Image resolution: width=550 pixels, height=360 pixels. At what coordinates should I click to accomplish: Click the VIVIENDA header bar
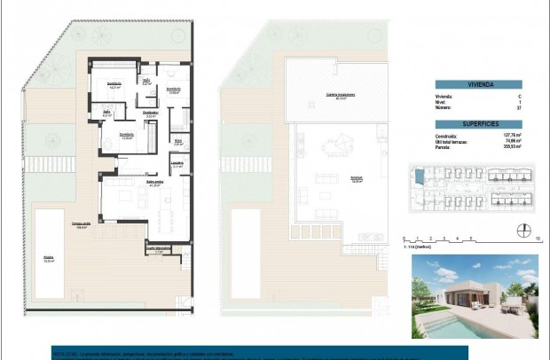(476, 84)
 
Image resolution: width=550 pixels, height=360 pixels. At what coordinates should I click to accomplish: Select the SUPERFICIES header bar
(476, 124)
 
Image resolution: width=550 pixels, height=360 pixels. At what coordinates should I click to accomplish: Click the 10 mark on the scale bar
(538, 239)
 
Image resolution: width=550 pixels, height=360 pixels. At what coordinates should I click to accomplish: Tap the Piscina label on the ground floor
(48, 260)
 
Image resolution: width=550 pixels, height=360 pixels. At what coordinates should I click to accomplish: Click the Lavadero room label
(177, 164)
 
